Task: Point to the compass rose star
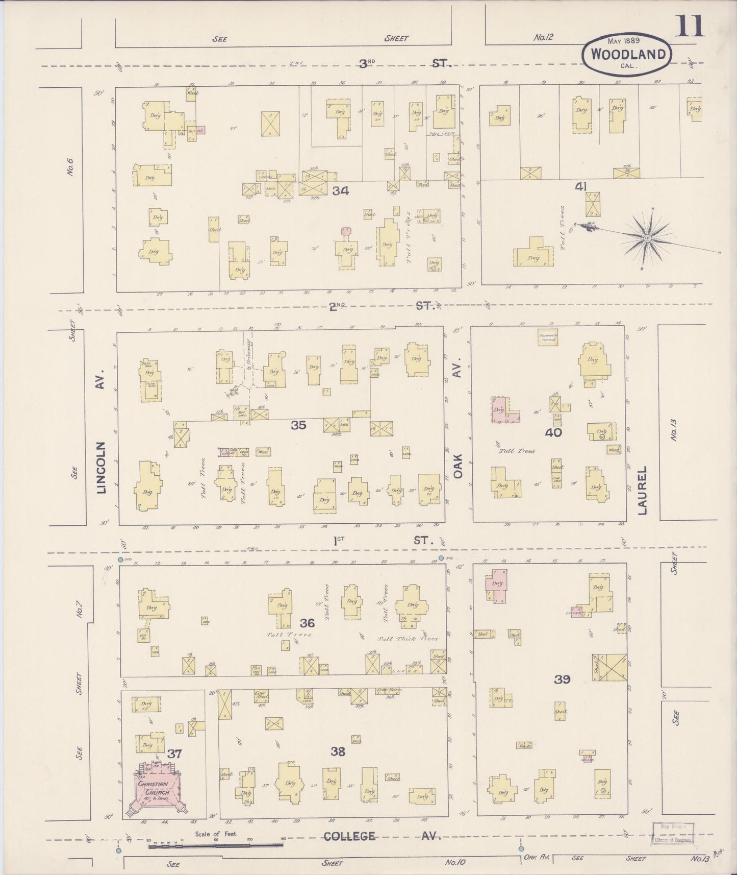tap(646, 238)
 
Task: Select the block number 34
tap(340, 191)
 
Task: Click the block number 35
tap(298, 424)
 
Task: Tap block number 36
tap(307, 622)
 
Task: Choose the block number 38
tap(338, 751)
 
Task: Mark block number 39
tap(563, 679)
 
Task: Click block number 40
tap(553, 432)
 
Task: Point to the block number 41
tap(580, 187)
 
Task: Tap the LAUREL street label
tap(642, 490)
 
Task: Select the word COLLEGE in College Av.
tap(349, 836)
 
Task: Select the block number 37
tap(174, 753)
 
